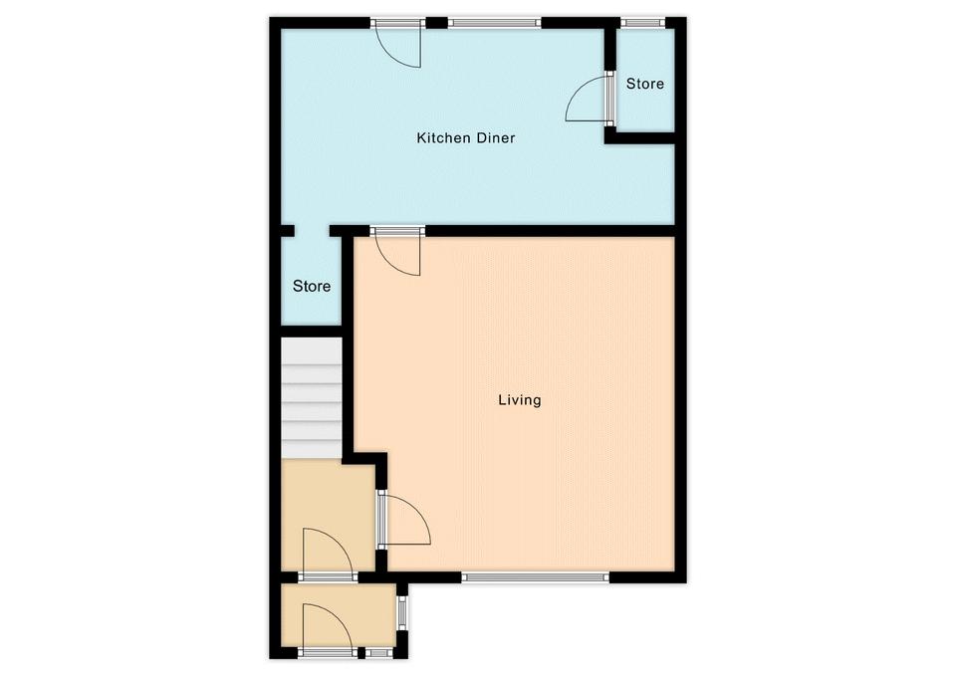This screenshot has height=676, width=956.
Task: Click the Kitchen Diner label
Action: [466, 137]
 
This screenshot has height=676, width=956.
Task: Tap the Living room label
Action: [520, 400]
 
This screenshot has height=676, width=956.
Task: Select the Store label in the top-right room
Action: [645, 84]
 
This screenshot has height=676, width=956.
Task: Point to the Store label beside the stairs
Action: [312, 286]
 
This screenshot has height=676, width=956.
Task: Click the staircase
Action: [311, 398]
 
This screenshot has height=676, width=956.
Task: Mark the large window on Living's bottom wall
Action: [536, 576]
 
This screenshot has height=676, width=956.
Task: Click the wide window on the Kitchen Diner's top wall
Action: [495, 23]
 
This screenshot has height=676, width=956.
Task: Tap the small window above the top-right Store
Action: [643, 23]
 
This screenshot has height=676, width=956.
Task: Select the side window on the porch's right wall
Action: [401, 612]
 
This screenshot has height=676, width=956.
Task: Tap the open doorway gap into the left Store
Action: [312, 231]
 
